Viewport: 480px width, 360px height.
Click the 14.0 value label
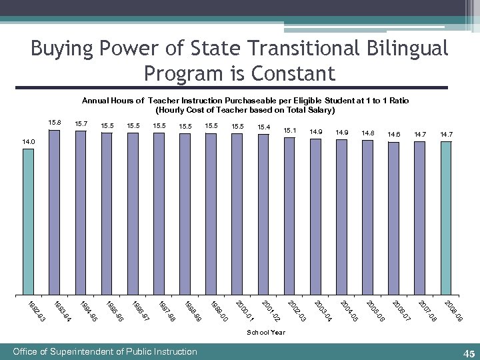point(28,142)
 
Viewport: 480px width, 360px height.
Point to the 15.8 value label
point(55,123)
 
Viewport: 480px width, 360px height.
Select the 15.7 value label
point(81,123)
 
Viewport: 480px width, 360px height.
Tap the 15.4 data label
point(263,127)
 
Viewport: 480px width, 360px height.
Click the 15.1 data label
point(290,130)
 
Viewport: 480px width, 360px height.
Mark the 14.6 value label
point(394,135)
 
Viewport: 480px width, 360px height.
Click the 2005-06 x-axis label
point(375,313)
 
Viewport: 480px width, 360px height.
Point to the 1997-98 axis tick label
point(167,313)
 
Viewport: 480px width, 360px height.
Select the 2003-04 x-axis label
point(323,313)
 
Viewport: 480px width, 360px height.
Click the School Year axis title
point(266,332)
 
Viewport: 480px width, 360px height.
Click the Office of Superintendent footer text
point(105,351)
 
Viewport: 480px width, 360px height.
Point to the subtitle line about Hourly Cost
point(245,109)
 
